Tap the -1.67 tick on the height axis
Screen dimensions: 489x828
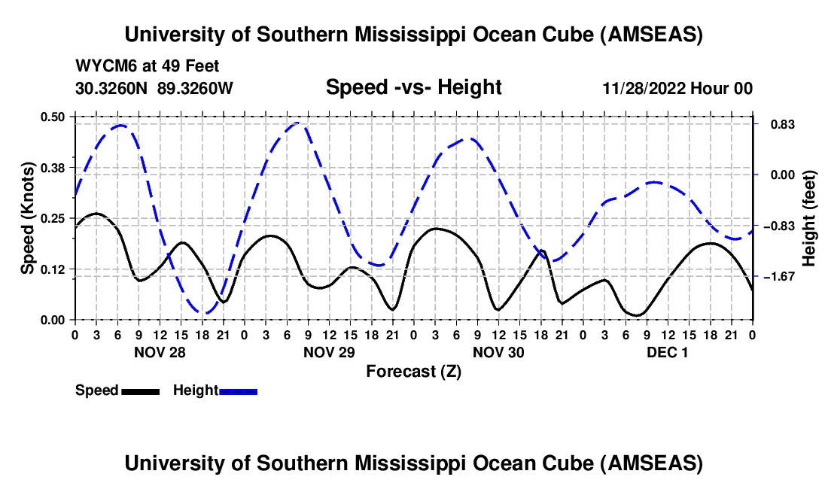click(x=779, y=277)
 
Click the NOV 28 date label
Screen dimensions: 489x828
click(x=160, y=352)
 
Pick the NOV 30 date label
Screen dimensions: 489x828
click(x=498, y=352)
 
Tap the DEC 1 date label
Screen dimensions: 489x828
click(x=668, y=352)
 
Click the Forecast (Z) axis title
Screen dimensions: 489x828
click(x=413, y=371)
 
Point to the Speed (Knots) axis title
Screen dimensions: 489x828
click(x=28, y=218)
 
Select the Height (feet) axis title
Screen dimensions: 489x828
click(x=809, y=218)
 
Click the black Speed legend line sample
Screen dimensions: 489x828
click(x=140, y=391)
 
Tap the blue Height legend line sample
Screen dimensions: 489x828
click(x=239, y=391)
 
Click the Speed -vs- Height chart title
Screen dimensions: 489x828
click(x=413, y=88)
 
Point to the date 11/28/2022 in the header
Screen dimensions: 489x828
click(x=643, y=89)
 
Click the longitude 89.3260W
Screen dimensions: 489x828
click(x=196, y=89)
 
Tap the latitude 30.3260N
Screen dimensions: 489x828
click(x=113, y=89)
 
